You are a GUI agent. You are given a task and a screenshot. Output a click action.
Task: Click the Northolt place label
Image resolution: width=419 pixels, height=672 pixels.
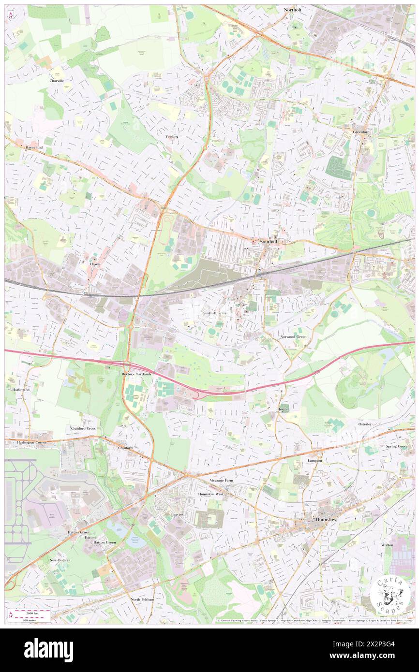pyautogui.click(x=293, y=9)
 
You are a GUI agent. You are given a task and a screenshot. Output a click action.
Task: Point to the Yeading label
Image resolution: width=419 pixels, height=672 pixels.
pyautogui.click(x=172, y=136)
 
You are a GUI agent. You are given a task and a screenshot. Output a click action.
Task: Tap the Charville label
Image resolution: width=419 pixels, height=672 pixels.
pyautogui.click(x=57, y=81)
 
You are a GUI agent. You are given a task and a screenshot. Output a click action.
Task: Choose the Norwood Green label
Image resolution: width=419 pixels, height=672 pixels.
pyautogui.click(x=293, y=336)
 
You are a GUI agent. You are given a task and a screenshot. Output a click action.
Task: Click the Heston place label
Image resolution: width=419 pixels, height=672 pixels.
pyautogui.click(x=283, y=409)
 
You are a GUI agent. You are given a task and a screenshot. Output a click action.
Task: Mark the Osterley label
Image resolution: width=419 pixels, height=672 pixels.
pyautogui.click(x=365, y=424)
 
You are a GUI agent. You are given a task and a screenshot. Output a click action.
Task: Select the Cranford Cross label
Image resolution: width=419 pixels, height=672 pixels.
pyautogui.click(x=83, y=428)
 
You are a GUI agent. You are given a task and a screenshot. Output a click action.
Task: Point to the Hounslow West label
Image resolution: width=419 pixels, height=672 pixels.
pyautogui.click(x=211, y=494)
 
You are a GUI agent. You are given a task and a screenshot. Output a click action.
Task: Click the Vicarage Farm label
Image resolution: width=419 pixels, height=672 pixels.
pyautogui.click(x=221, y=481)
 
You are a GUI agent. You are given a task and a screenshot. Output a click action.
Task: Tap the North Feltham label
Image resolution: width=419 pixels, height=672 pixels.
pyautogui.click(x=142, y=599)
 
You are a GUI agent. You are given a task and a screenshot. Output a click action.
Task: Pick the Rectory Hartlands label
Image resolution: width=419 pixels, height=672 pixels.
pyautogui.click(x=136, y=374)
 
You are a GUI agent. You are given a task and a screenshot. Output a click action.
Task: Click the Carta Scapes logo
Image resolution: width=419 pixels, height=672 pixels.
pyautogui.click(x=390, y=595)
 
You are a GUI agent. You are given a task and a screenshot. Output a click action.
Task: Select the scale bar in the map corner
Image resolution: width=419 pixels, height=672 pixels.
pyautogui.click(x=32, y=614)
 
